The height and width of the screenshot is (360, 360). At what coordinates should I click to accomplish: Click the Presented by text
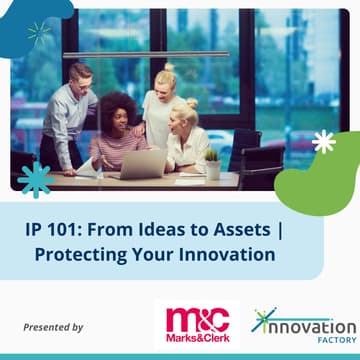(53, 327)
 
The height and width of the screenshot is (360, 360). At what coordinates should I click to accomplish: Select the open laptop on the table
(145, 164)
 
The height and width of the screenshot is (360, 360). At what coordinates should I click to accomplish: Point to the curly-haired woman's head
(119, 110)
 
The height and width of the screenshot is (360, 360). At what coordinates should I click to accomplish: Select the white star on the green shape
(323, 142)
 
